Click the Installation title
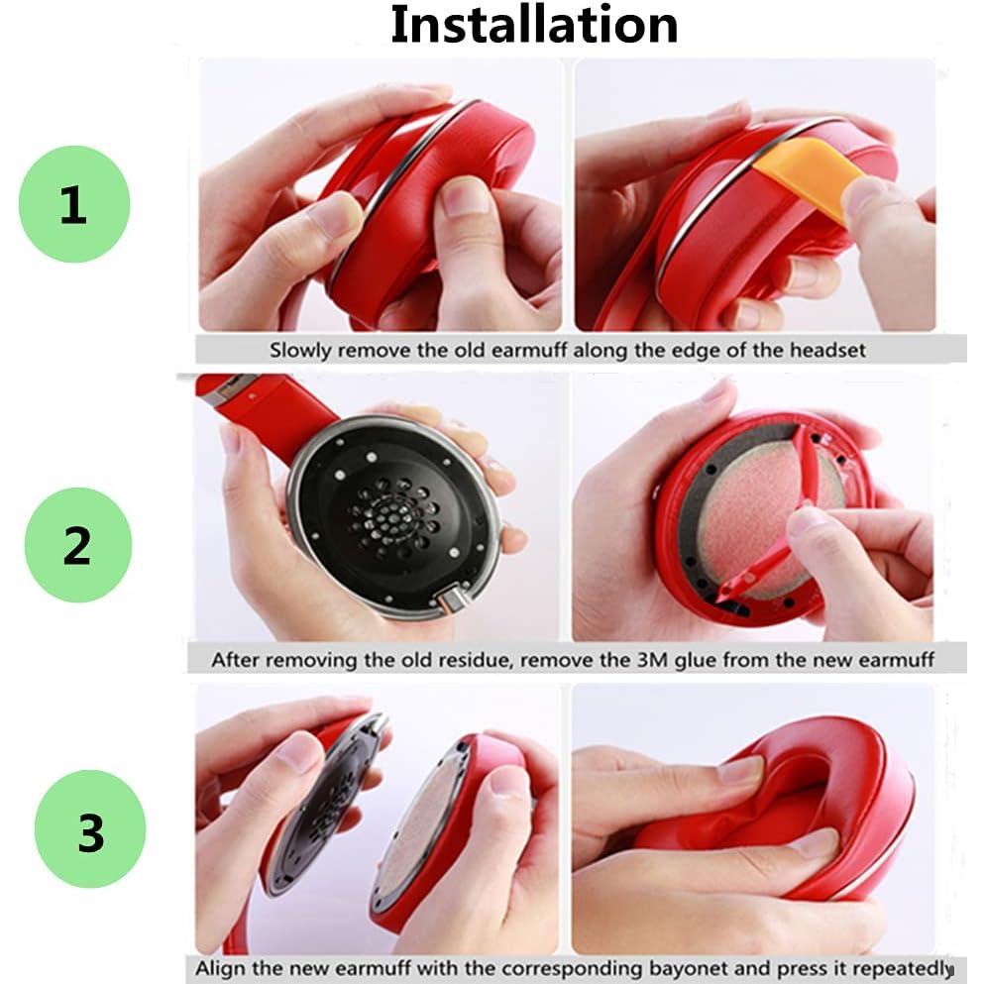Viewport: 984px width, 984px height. pos(534,25)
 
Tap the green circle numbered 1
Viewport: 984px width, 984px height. pos(74,205)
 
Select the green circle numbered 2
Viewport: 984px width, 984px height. pos(77,544)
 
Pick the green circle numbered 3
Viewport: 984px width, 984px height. pos(90,829)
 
